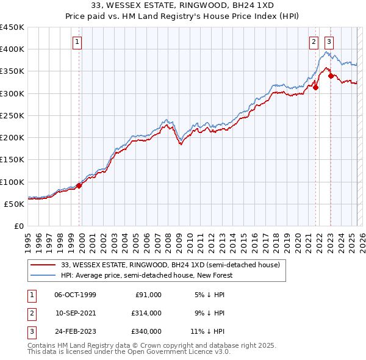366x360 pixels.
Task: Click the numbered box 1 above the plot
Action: point(78,42)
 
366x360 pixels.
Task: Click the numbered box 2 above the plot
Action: point(314,42)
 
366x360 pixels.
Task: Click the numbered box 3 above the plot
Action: point(329,42)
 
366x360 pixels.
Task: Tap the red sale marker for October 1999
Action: point(79,185)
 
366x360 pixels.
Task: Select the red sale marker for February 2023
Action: point(330,76)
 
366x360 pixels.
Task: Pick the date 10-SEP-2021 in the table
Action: point(75,313)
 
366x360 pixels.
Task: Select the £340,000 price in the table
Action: point(146,331)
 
